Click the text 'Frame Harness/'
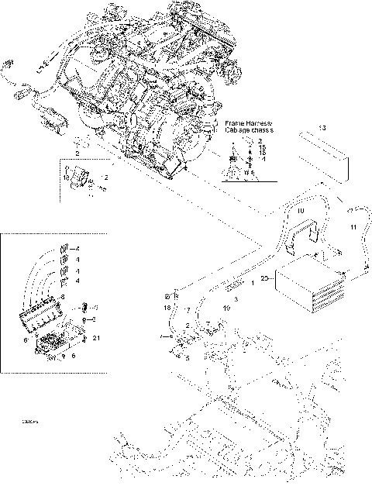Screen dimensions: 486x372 247,123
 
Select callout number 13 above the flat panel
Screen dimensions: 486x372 322,126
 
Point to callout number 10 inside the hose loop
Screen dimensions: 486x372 301,210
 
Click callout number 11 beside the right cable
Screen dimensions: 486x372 353,226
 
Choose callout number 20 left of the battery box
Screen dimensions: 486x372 265,277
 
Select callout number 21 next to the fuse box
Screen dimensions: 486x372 95,339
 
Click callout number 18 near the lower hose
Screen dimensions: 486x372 167,308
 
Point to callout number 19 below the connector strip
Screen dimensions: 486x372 227,308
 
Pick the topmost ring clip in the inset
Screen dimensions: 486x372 65,248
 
